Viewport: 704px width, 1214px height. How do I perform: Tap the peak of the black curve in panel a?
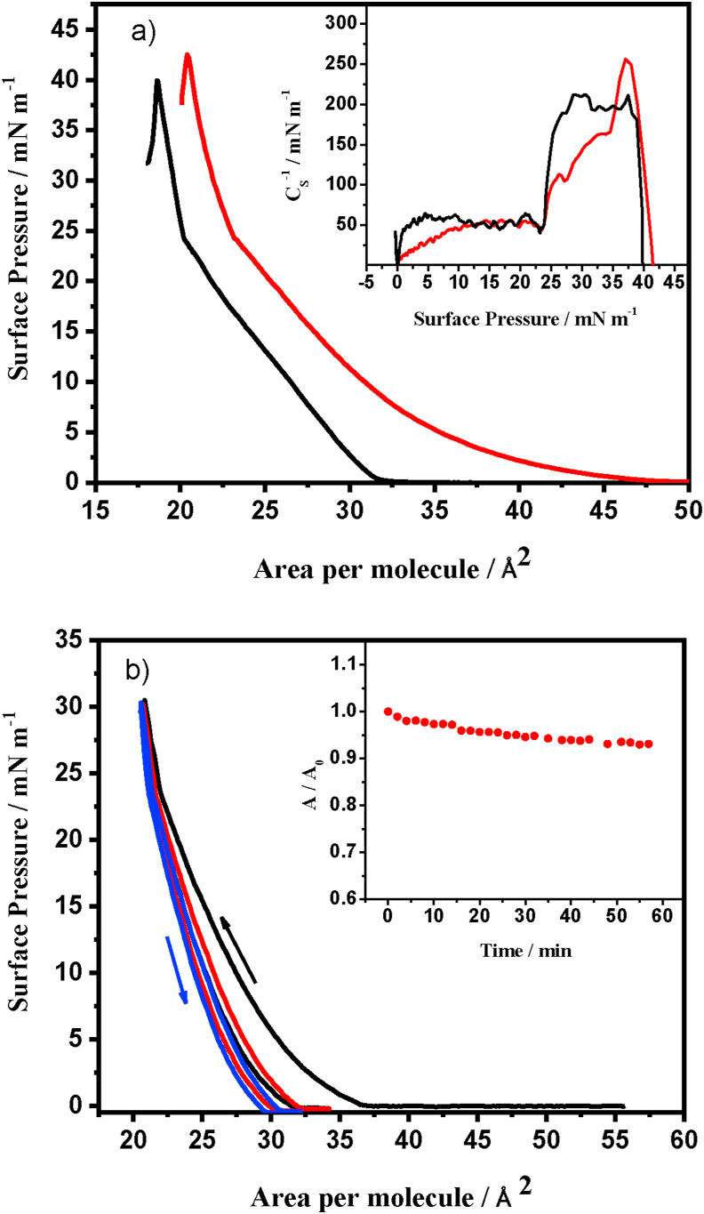point(157,81)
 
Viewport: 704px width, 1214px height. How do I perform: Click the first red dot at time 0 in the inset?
point(388,712)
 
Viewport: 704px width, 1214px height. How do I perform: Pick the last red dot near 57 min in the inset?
point(649,744)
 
